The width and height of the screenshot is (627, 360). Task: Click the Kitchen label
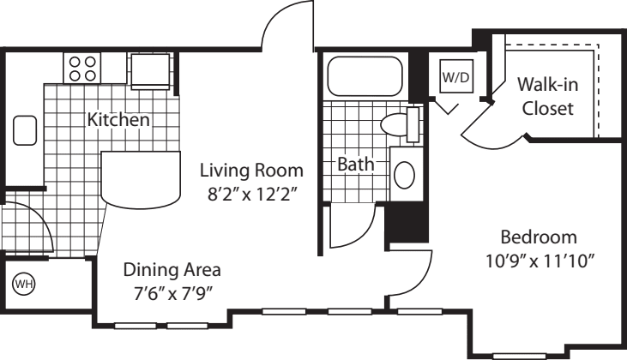coord(119,120)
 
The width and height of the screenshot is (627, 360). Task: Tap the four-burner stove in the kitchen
coord(82,69)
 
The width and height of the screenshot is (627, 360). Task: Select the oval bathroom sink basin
coord(404,174)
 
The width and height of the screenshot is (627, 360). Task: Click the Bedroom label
coord(539,237)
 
